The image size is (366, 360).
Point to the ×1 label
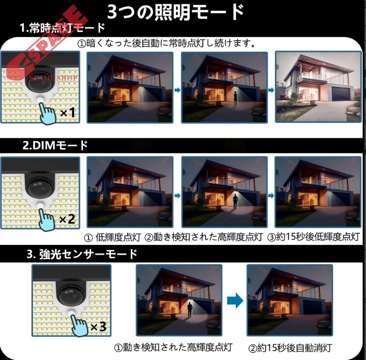(68, 113)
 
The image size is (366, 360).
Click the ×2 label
(67, 219)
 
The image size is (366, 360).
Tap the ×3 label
(98, 327)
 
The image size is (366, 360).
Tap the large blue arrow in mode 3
(235, 301)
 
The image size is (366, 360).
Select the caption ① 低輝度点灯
(112, 237)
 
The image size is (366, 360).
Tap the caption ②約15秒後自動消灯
(290, 348)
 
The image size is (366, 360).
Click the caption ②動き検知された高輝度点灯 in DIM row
(204, 237)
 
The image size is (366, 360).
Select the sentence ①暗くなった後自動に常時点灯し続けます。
(167, 43)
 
